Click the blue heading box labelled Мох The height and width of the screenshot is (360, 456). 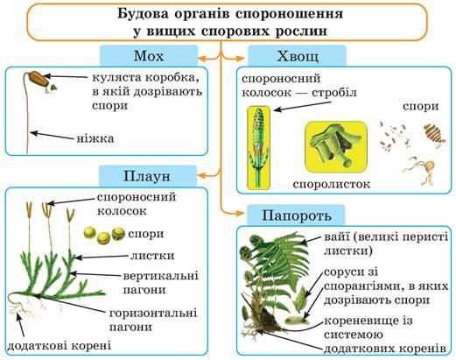149,56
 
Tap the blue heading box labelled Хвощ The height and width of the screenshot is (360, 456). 297,56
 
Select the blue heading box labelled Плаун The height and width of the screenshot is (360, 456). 147,176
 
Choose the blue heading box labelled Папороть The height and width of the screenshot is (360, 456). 296,215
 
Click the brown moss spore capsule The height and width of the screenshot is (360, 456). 37,78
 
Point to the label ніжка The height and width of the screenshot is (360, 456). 95,138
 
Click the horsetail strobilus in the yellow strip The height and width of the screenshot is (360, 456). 258,147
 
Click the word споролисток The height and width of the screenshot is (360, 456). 332,184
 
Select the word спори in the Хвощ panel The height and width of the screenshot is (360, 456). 421,106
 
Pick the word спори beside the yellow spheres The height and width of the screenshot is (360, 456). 146,234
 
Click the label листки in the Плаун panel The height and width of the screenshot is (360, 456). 152,256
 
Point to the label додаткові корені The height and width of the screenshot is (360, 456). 60,346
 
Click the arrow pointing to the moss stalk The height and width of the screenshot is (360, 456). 52,136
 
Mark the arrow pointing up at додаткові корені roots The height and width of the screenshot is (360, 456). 20,326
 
